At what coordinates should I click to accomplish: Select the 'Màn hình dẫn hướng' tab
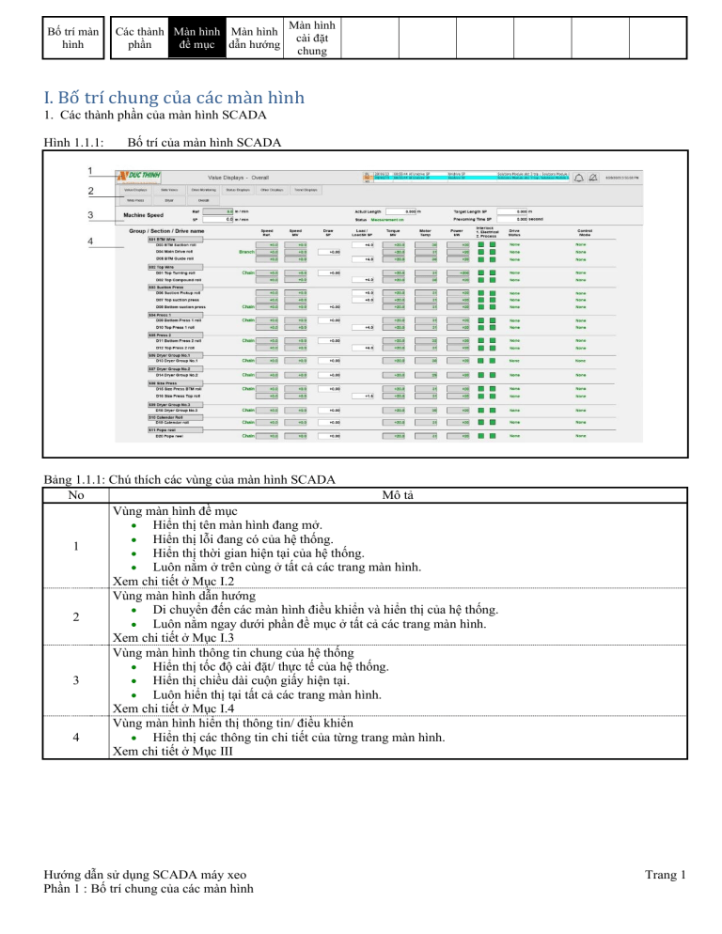point(255,37)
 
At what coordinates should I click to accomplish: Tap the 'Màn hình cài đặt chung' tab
point(311,37)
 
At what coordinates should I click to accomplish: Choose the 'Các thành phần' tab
point(139,37)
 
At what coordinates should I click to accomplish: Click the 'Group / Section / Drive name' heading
point(166,230)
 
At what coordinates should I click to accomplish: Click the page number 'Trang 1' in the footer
point(665,876)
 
